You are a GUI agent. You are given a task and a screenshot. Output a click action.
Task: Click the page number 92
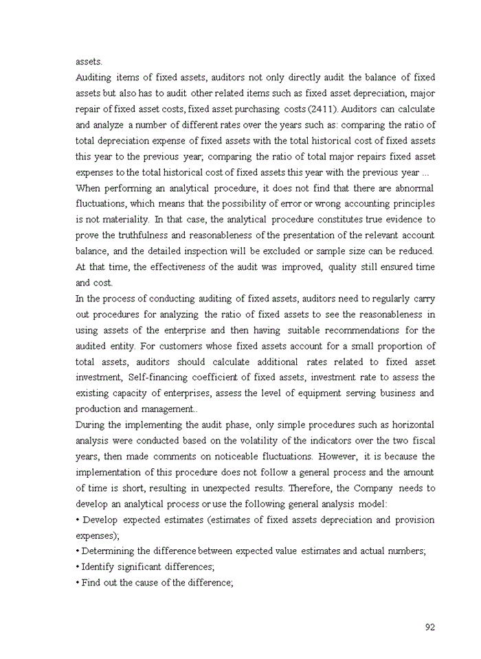[x=430, y=627]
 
